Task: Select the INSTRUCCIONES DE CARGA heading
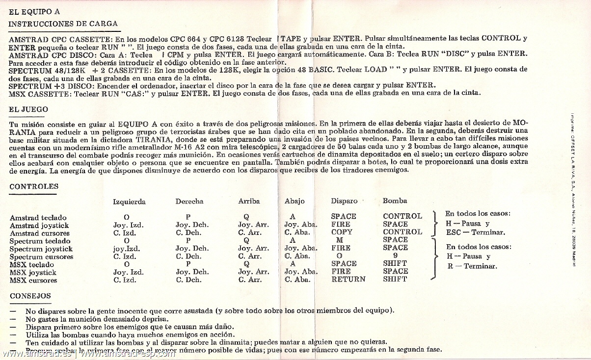[x=63, y=24]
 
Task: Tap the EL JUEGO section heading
[x=28, y=109]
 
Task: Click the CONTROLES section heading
[x=34, y=186]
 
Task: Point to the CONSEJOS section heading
[x=30, y=296]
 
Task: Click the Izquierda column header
[x=129, y=202]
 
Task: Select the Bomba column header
[x=395, y=201]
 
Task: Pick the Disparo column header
[x=344, y=201]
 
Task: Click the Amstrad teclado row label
[x=38, y=218]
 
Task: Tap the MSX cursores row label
[x=33, y=281]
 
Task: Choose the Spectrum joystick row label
[x=41, y=249]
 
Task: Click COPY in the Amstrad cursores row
[x=342, y=232]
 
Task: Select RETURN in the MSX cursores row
[x=348, y=279]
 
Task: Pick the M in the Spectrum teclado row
[x=340, y=240]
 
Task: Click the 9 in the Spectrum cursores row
[x=395, y=256]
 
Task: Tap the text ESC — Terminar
[x=475, y=232]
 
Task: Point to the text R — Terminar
[x=472, y=266]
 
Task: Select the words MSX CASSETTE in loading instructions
[x=40, y=93]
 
